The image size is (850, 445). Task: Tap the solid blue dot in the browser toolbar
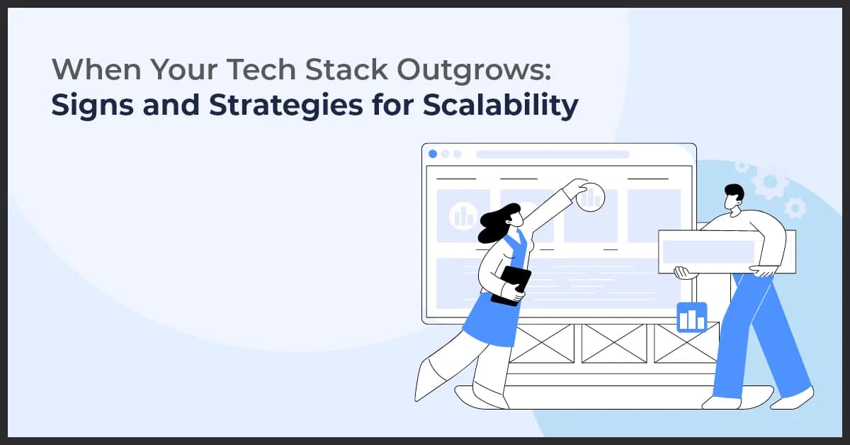(433, 154)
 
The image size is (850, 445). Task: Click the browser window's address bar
(552, 154)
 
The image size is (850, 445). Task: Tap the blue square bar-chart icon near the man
(691, 317)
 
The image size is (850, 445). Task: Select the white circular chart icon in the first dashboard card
(463, 215)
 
